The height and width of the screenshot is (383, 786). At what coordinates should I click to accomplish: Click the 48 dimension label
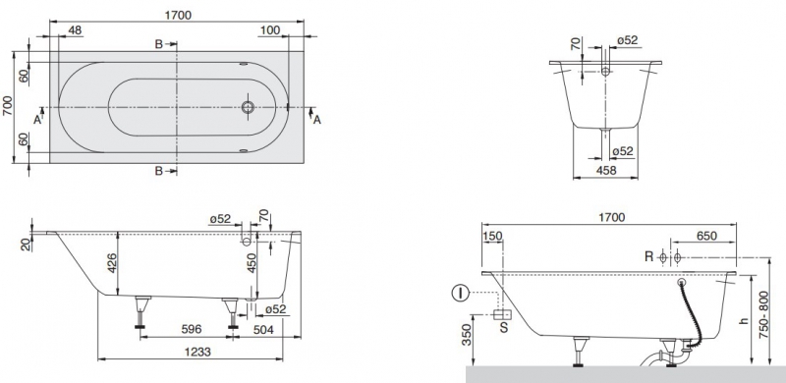click(x=75, y=30)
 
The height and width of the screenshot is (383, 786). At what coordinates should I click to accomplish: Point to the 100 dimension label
click(x=270, y=30)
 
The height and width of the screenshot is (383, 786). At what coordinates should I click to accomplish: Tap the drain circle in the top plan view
click(x=248, y=107)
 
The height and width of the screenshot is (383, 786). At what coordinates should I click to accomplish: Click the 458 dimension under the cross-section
click(x=606, y=171)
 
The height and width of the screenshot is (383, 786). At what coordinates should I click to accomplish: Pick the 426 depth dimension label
click(x=111, y=263)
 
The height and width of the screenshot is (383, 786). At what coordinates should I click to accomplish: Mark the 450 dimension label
click(x=252, y=262)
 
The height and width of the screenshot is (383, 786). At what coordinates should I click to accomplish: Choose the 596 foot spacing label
click(x=191, y=329)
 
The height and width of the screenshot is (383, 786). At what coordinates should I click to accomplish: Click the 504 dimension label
click(x=263, y=329)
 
